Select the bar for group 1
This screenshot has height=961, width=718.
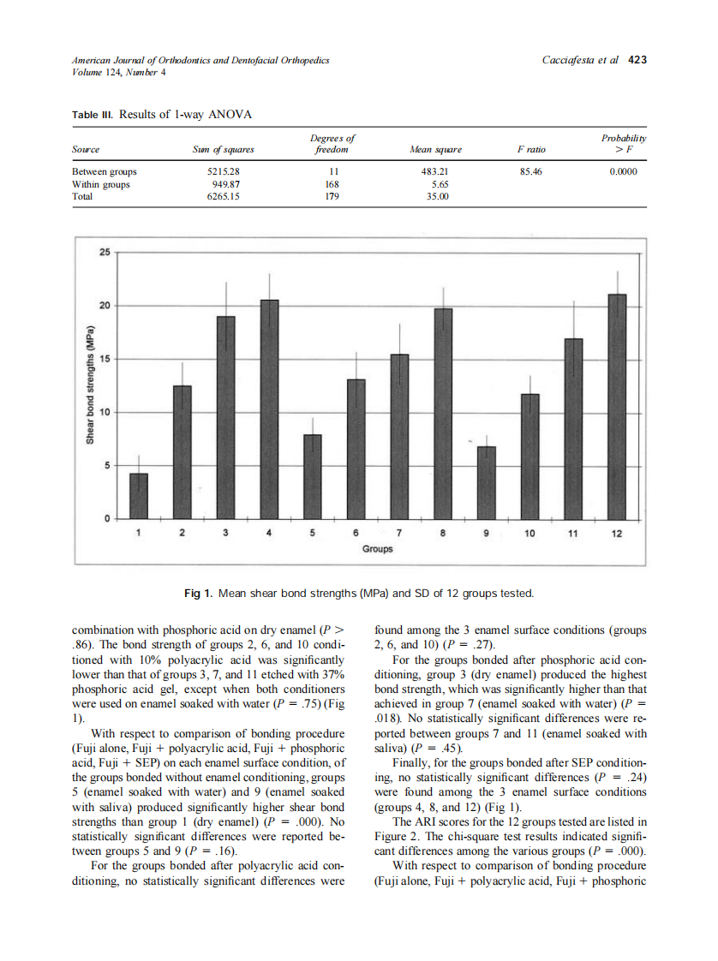(139, 496)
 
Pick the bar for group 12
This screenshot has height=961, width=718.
(617, 406)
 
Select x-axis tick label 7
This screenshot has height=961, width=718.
(399, 533)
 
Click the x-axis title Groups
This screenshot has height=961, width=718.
(377, 548)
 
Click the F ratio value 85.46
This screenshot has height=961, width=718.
(532, 171)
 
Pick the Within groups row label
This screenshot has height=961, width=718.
(101, 183)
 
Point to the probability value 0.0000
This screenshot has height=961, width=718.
(623, 171)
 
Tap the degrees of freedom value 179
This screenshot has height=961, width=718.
(332, 195)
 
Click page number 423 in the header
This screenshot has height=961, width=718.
(637, 60)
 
